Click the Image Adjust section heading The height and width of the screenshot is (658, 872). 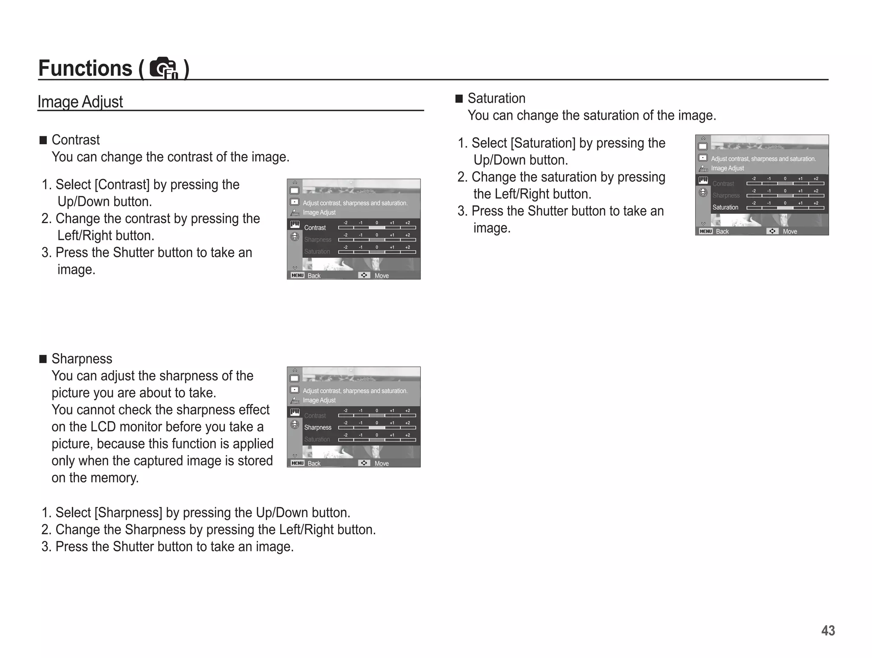pos(80,102)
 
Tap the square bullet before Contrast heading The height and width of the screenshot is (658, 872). pos(43,140)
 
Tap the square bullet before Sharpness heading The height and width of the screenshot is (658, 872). pos(43,359)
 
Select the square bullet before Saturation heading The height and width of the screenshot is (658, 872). pos(459,98)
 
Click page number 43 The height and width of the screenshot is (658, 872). pos(828,630)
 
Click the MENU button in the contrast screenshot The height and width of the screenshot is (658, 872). pos(297,276)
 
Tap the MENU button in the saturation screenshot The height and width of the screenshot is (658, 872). pos(706,231)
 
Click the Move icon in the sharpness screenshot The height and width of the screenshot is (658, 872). pos(364,463)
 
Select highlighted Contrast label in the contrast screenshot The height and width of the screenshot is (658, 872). pos(315,228)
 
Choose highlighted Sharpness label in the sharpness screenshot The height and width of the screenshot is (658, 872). pos(318,428)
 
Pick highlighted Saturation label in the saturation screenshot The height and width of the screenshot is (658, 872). pos(725,207)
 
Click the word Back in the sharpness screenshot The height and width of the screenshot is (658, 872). pos(314,463)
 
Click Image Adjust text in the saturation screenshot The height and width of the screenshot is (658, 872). pos(727,168)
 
